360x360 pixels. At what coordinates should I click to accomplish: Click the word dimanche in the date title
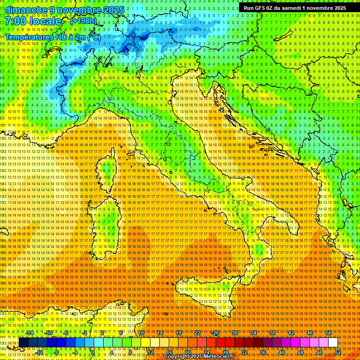point(26,10)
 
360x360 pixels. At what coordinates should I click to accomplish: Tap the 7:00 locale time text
point(33,21)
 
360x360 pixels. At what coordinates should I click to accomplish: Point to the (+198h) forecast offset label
point(83,21)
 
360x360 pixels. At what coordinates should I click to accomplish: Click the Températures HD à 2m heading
point(52,37)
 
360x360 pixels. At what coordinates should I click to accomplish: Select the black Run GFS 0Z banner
point(295,7)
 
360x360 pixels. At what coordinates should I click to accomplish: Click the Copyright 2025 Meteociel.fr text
point(202,357)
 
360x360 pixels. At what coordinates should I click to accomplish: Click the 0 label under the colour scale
point(93,352)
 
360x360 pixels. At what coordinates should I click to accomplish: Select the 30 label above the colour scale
point(235,333)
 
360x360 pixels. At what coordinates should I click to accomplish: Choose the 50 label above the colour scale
point(328,333)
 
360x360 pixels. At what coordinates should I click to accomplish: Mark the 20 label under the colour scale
point(187,352)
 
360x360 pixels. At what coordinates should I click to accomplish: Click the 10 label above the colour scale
point(141,333)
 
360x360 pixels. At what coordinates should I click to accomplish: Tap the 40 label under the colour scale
point(281,352)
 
